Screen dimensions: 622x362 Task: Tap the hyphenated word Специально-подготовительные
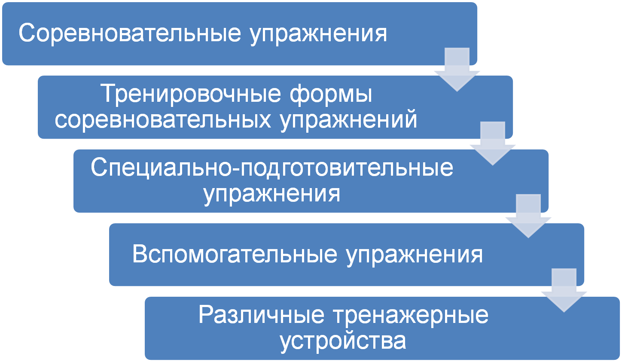tap(272, 168)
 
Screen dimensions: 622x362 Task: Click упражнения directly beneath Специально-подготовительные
tap(272, 194)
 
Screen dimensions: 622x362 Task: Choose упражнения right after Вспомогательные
tap(415, 255)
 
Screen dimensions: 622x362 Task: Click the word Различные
tap(261, 315)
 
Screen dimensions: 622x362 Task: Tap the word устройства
tap(343, 341)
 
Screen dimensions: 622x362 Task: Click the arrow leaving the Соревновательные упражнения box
tap(457, 71)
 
